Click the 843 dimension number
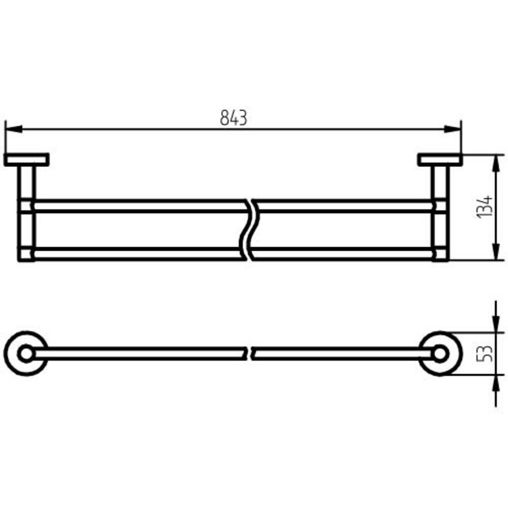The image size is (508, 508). [x=233, y=118]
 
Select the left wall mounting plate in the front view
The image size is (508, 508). [x=27, y=160]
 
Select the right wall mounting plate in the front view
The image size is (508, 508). [x=440, y=160]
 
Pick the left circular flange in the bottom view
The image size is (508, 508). [x=26, y=354]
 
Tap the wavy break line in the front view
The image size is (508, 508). [x=249, y=229]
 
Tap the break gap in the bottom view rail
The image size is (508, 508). [x=249, y=354]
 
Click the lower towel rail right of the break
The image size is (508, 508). [x=344, y=253]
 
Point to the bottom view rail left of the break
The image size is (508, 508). [x=141, y=354]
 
